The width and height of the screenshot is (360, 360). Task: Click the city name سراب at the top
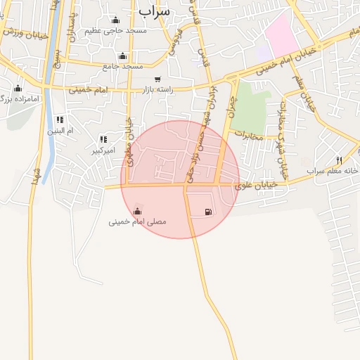click(155, 11)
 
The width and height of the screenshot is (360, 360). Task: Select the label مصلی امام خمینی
click(138, 221)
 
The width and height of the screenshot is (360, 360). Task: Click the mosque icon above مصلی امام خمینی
click(137, 210)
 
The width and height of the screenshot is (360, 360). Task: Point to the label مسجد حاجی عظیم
click(115, 31)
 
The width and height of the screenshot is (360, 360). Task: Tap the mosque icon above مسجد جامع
click(123, 56)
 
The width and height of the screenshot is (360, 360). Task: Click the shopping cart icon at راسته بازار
click(157, 79)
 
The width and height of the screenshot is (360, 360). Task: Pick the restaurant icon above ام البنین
click(60, 120)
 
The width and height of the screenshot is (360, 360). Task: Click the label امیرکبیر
click(103, 150)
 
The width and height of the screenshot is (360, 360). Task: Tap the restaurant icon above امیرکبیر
click(103, 139)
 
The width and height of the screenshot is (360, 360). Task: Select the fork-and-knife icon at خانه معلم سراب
click(340, 160)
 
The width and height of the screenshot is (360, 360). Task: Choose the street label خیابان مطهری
click(130, 134)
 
